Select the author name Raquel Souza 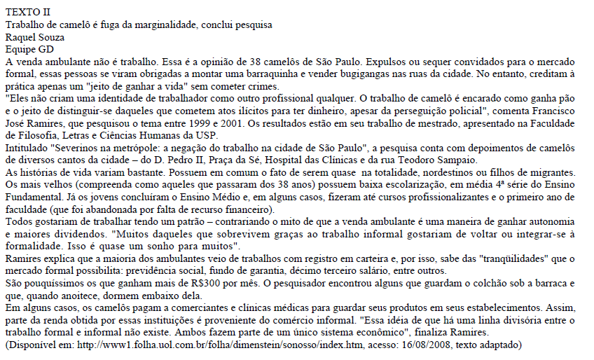pyautogui.click(x=35, y=37)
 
